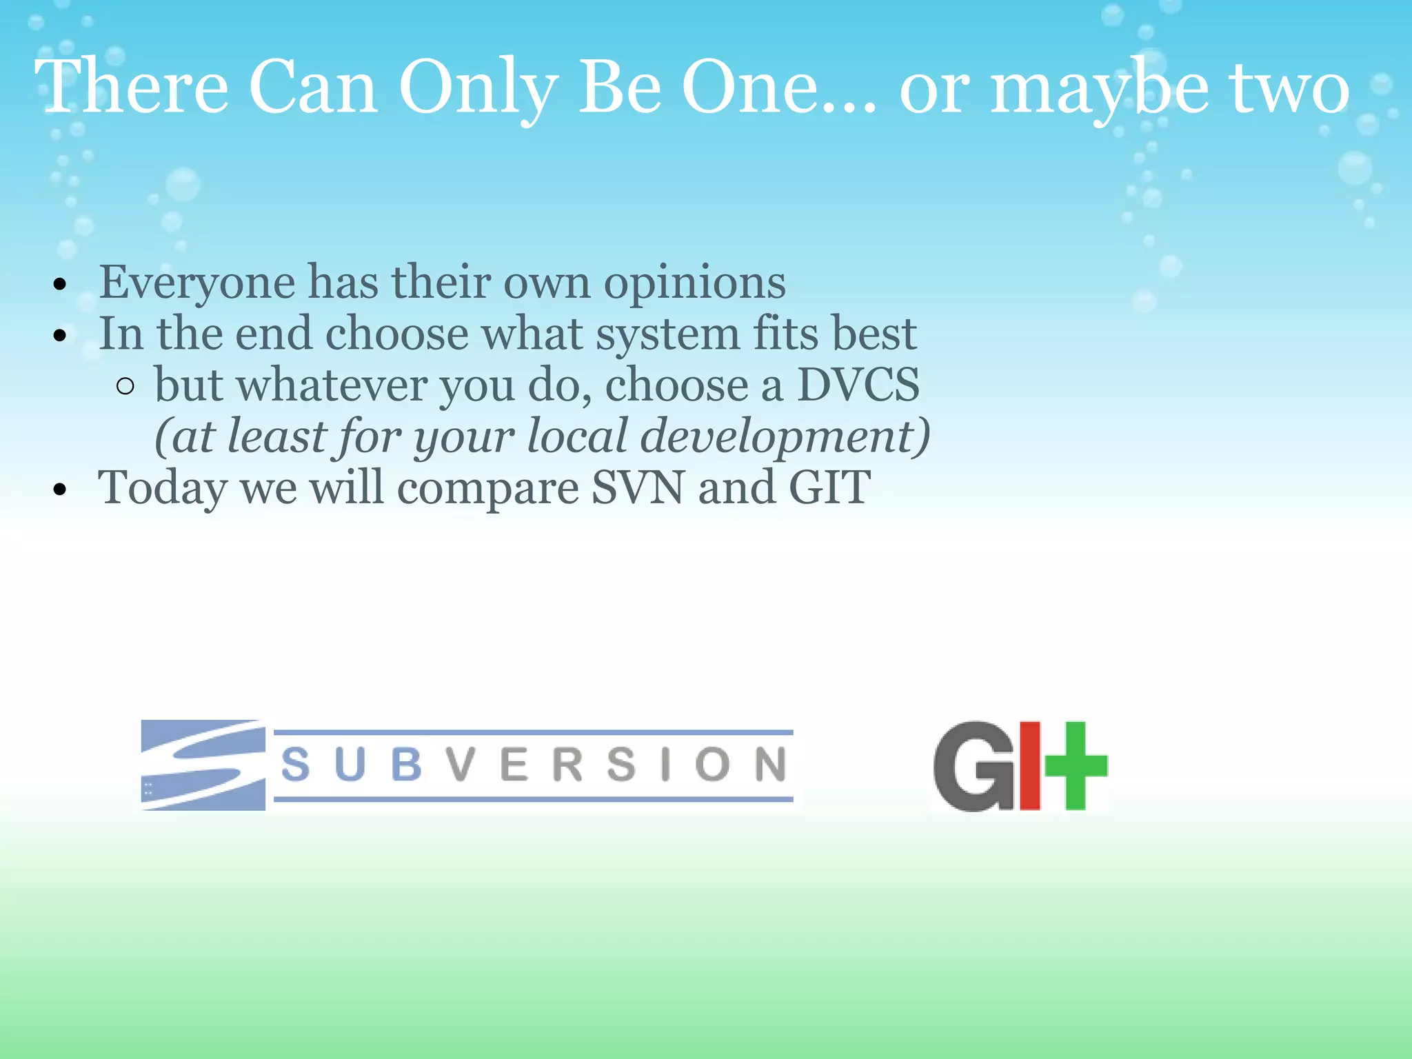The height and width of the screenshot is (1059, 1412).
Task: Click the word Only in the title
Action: [477, 88]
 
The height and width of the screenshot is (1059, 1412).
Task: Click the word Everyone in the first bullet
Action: [196, 283]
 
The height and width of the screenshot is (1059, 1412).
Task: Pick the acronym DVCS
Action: [858, 385]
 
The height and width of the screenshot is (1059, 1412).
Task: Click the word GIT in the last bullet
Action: [829, 487]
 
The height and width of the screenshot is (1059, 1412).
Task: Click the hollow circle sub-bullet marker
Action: [125, 386]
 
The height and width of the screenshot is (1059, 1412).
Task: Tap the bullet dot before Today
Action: [61, 490]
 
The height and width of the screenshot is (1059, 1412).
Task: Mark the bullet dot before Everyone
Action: [61, 284]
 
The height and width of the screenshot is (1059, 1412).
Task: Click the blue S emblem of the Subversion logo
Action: [203, 765]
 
